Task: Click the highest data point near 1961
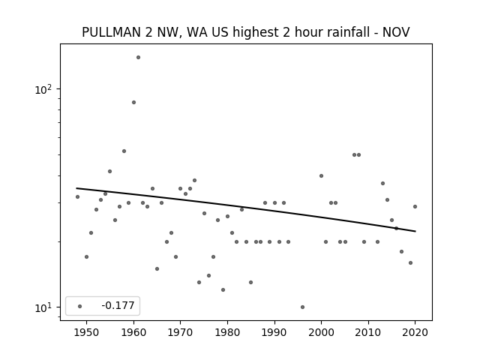138,57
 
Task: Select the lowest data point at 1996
302,307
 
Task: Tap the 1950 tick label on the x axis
87,332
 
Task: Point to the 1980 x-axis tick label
227,332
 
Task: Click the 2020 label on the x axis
415,332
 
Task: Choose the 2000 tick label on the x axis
321,332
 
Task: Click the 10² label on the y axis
43,89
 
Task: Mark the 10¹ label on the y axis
43,307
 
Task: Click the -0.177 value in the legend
118,305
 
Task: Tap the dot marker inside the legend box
80,306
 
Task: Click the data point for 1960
133,102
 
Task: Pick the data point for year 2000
321,175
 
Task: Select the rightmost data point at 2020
415,207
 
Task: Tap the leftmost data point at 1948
77,196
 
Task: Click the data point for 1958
124,151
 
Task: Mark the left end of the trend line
76,188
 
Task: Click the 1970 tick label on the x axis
180,332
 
